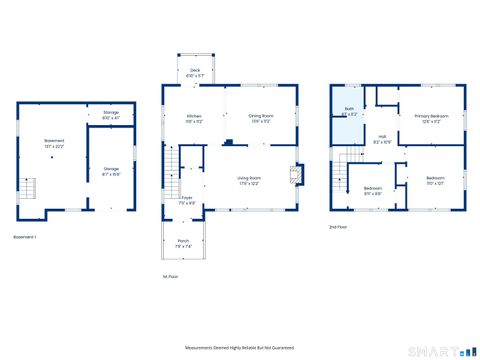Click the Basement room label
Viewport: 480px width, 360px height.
[54, 144]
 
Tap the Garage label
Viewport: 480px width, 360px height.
[111, 171]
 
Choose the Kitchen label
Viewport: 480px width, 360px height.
[194, 119]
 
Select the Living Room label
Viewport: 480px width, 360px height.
[249, 181]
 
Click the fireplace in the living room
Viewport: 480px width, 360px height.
[293, 177]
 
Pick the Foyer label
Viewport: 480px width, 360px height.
[187, 200]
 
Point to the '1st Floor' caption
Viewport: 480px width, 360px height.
[170, 277]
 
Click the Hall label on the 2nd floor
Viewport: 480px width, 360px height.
[382, 140]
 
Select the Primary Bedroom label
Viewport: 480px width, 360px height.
[431, 118]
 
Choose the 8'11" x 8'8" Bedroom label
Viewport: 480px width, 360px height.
[372, 190]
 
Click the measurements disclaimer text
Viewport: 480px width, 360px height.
[239, 347]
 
